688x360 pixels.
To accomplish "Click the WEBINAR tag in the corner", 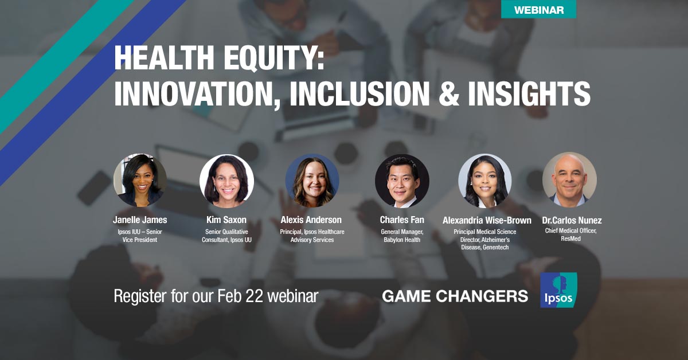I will (538, 9).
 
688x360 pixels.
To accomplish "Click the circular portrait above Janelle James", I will (140, 180).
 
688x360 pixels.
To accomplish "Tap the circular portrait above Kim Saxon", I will (226, 181).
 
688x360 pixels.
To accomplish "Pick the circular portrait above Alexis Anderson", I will (312, 180).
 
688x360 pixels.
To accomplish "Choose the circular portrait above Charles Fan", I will (401, 181).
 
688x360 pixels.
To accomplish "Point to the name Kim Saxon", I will (226, 220).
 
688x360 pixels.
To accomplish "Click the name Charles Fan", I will (401, 220).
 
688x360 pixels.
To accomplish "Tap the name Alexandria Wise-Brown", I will (487, 220).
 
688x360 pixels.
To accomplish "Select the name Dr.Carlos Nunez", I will (572, 220).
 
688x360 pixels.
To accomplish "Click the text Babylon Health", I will (401, 240).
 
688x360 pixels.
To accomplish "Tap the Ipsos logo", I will (558, 290).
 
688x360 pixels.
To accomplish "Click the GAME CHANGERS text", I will (455, 296).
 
